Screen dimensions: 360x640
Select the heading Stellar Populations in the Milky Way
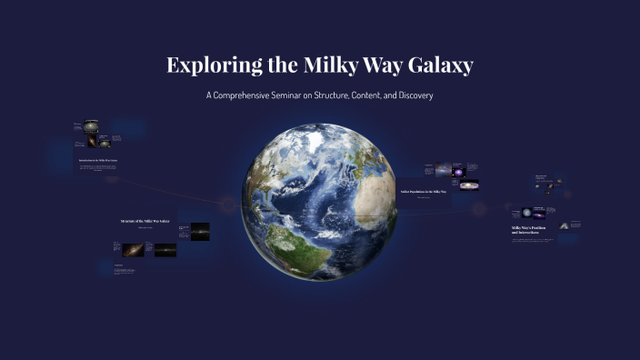[x=424, y=192]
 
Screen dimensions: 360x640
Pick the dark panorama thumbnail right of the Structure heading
[x=199, y=232]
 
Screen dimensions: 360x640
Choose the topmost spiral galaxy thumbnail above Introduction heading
[x=92, y=126]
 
